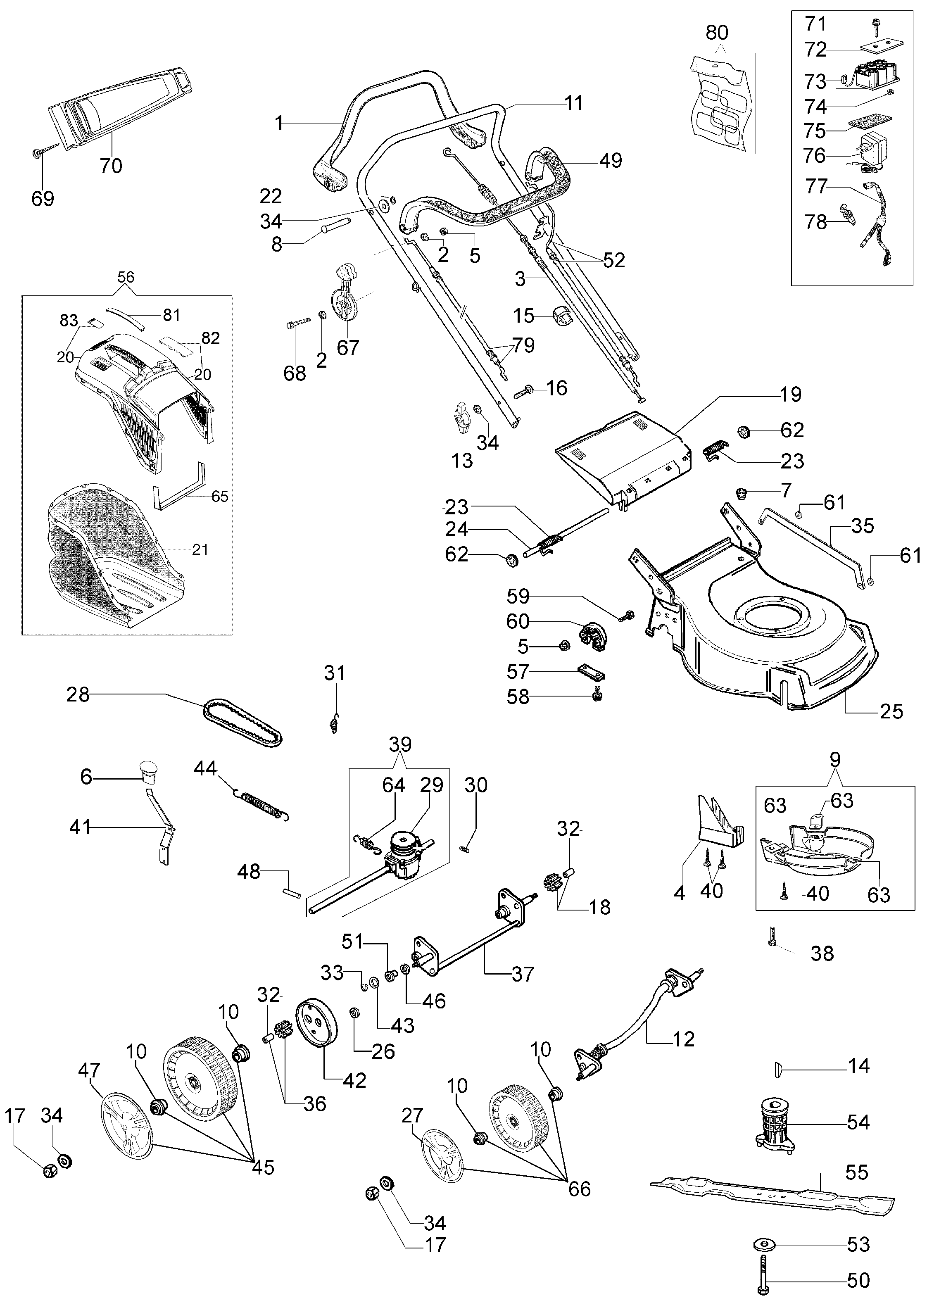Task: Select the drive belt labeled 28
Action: point(242,723)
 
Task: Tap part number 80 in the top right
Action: point(717,33)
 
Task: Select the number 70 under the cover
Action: point(111,166)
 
